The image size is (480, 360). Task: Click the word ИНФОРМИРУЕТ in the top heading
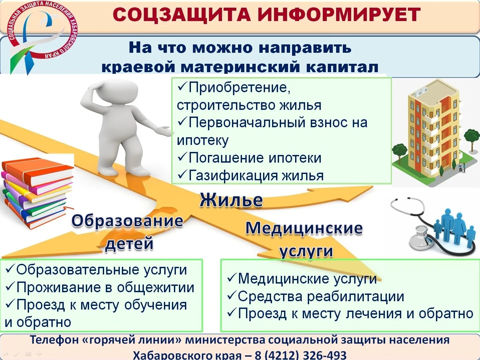point(339,15)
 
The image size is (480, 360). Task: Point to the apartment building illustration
point(434,130)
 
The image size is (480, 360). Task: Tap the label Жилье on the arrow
point(231,200)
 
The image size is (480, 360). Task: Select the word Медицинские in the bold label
point(304,228)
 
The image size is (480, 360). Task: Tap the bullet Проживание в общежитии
point(105,288)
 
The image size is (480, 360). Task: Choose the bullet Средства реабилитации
point(321,297)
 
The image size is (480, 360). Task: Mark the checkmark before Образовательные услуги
point(10,268)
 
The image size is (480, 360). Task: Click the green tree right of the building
point(471,137)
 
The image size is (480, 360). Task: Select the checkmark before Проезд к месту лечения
point(231,313)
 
